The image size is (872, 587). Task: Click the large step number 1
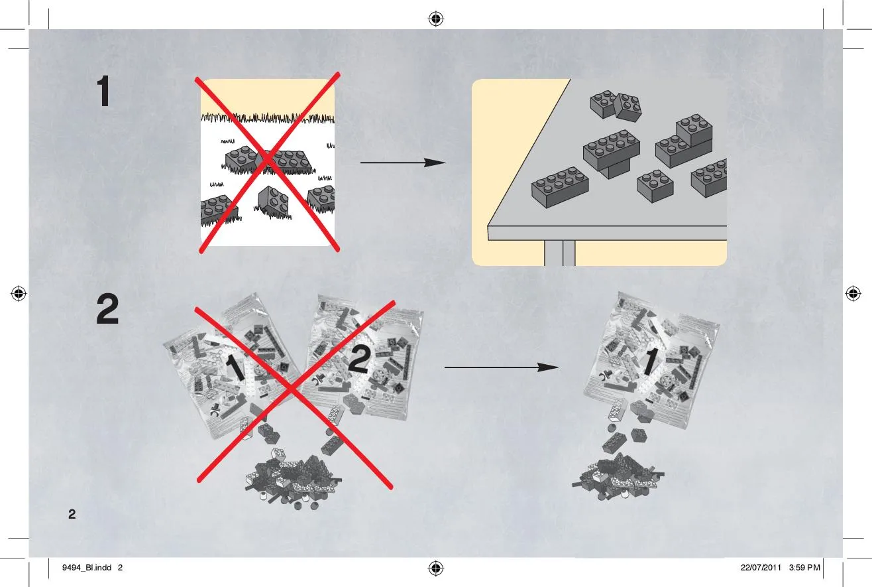[x=104, y=92]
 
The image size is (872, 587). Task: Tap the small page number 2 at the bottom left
[x=72, y=514]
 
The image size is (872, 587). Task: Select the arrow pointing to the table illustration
[x=403, y=163]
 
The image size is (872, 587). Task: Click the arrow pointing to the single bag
[x=502, y=367]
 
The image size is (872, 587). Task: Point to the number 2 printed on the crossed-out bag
[x=358, y=359]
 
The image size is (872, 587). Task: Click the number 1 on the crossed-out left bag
[x=235, y=367]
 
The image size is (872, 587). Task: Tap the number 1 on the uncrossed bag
[x=650, y=361]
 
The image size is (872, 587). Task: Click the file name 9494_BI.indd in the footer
[x=87, y=568]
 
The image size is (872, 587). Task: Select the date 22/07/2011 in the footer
[x=761, y=568]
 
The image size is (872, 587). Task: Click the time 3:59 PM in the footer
[x=804, y=568]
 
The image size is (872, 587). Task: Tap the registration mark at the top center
[x=436, y=19]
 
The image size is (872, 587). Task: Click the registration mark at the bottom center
[x=436, y=568]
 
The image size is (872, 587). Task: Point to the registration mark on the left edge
[x=19, y=293]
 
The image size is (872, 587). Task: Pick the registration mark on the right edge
[x=853, y=293]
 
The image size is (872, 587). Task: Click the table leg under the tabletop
[x=560, y=253]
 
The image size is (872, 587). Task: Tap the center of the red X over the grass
[x=268, y=161]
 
